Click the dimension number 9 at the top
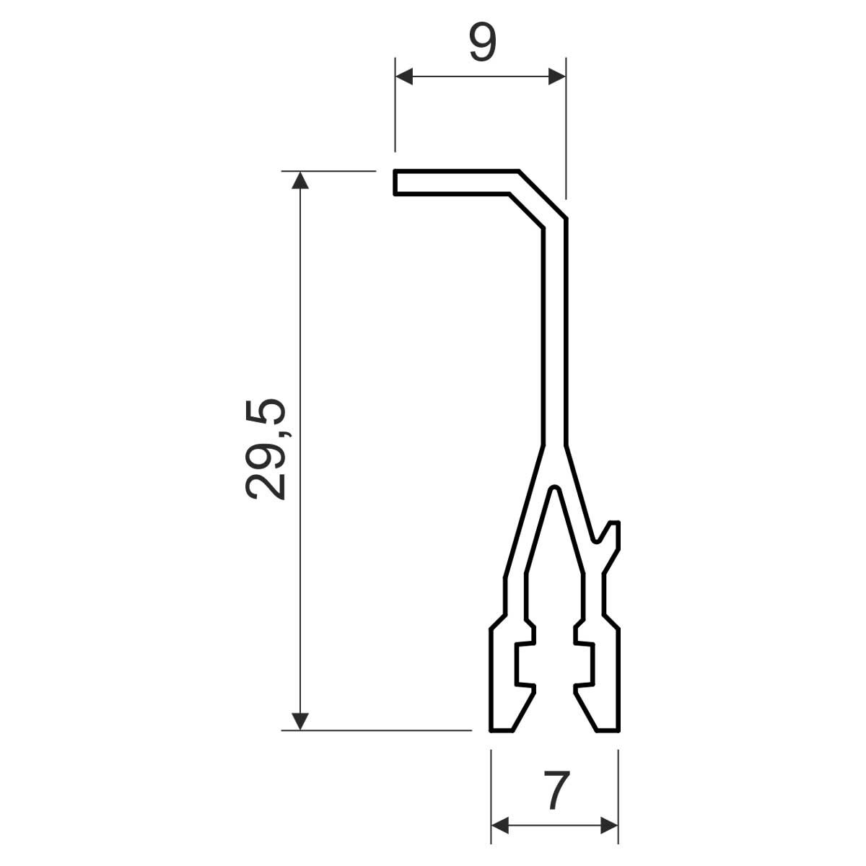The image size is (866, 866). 483,42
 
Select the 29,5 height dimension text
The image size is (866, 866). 266,450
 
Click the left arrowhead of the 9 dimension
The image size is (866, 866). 404,76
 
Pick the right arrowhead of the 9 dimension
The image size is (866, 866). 557,76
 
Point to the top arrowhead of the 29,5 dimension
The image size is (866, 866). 300,180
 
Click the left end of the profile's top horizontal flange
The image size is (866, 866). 395,183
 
